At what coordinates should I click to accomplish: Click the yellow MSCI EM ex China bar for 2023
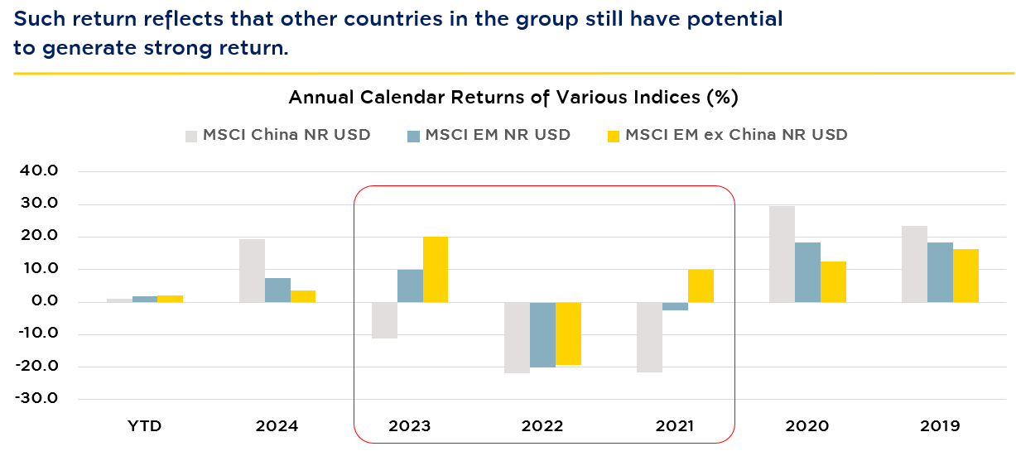tap(436, 269)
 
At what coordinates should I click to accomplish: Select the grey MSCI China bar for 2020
tap(782, 254)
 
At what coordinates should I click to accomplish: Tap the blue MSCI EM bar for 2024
tap(277, 290)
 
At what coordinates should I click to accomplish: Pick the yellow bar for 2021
tap(701, 286)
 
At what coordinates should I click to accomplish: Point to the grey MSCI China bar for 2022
tap(517, 338)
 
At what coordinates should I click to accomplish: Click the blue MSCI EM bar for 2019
tap(940, 272)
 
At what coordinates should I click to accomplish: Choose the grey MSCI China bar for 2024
tap(252, 271)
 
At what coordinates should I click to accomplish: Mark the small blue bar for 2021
tap(675, 306)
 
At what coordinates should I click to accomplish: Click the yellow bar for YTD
tap(170, 299)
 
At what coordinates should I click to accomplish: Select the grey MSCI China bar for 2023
tap(384, 320)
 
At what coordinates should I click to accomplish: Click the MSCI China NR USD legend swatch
tap(191, 135)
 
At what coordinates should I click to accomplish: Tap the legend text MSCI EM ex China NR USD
tap(736, 135)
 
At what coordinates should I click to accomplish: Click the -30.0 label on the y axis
tap(51, 399)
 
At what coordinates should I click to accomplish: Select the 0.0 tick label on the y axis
tap(57, 301)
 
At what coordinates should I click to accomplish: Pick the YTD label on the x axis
tap(144, 427)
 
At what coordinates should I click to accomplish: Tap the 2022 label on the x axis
tap(542, 427)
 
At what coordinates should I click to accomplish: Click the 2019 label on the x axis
tap(939, 427)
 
